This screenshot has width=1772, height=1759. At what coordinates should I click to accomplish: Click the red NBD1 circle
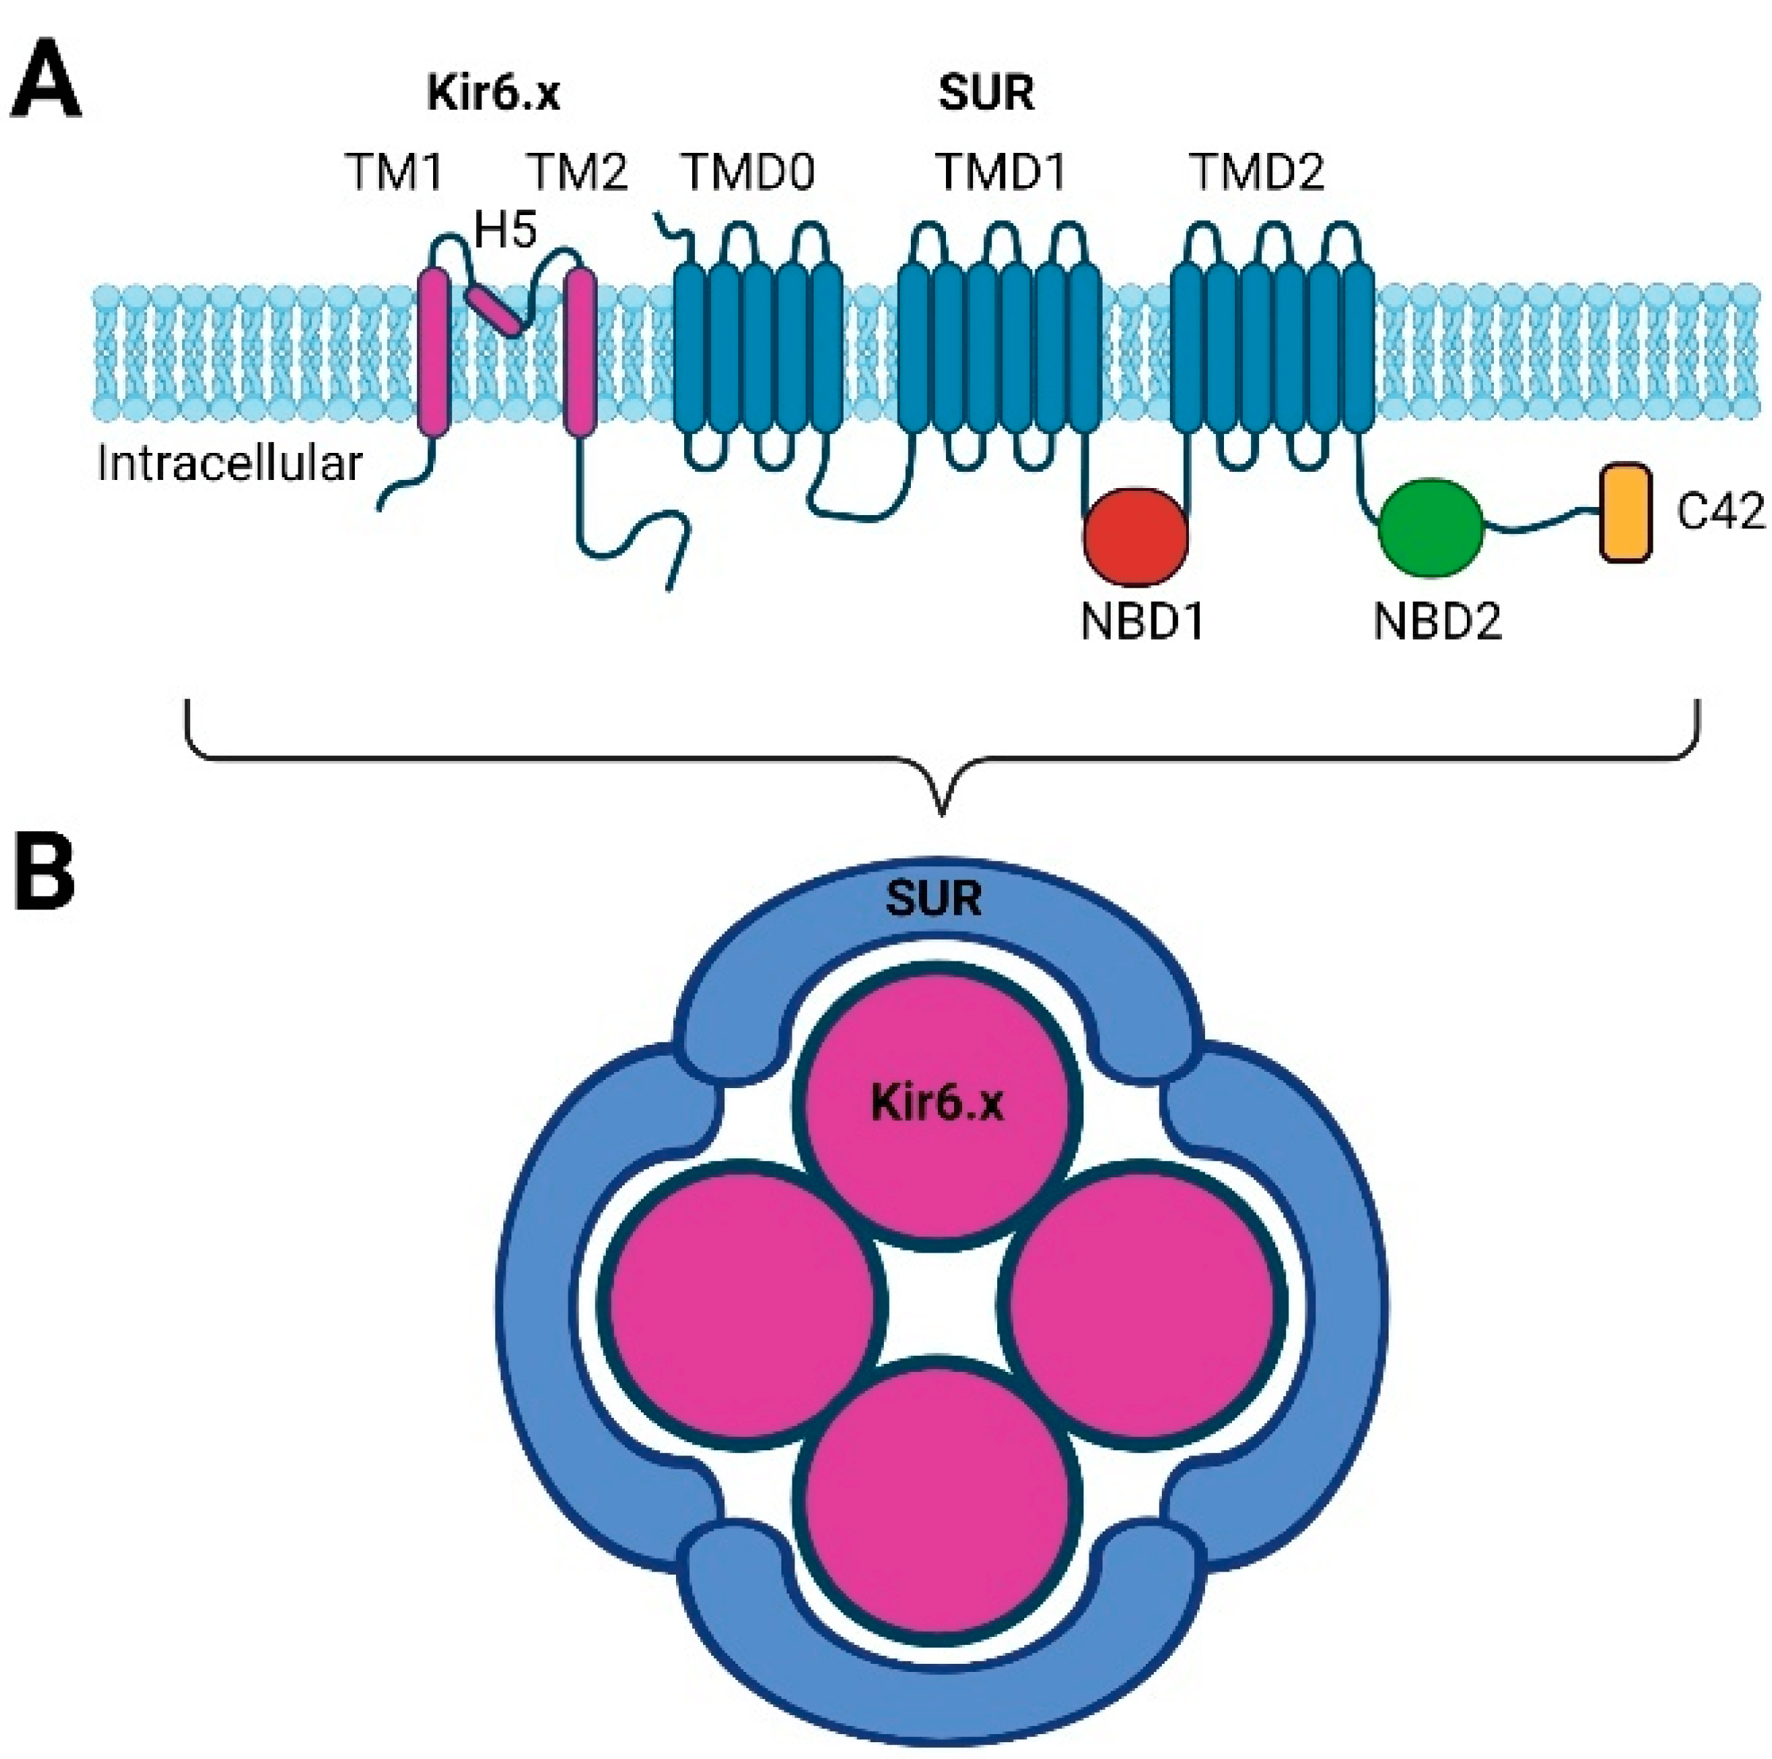click(x=1135, y=537)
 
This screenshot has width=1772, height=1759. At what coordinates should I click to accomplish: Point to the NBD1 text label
click(x=1142, y=623)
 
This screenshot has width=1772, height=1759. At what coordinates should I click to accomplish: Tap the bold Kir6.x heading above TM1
click(x=493, y=94)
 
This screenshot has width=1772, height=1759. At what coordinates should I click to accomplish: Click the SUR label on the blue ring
click(x=934, y=899)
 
